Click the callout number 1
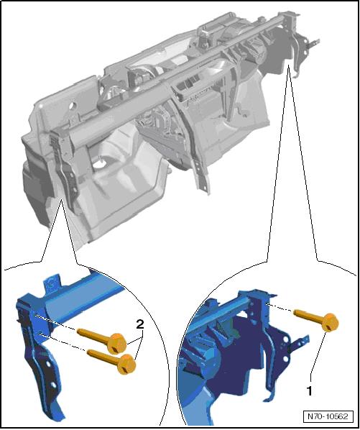309,391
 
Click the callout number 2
140,325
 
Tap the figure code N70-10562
328,416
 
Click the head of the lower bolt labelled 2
126,364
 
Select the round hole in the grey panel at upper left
73,105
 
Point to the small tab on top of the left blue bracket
52,284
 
